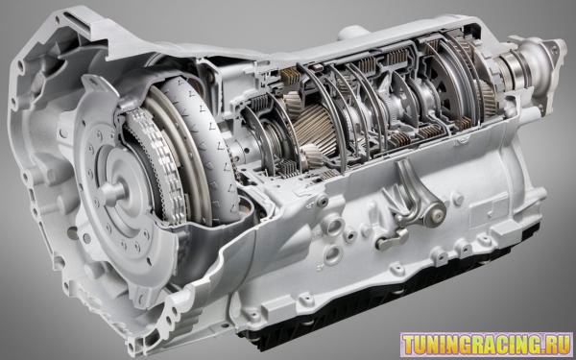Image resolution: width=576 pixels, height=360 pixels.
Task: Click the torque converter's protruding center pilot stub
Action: [114, 191]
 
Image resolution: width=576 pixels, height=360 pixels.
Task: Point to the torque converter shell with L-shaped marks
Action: [205, 151]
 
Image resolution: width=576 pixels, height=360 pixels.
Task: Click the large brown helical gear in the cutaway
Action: [315, 129]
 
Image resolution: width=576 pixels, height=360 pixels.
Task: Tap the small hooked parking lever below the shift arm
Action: [392, 239]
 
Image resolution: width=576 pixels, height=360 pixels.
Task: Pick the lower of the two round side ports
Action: [333, 254]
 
